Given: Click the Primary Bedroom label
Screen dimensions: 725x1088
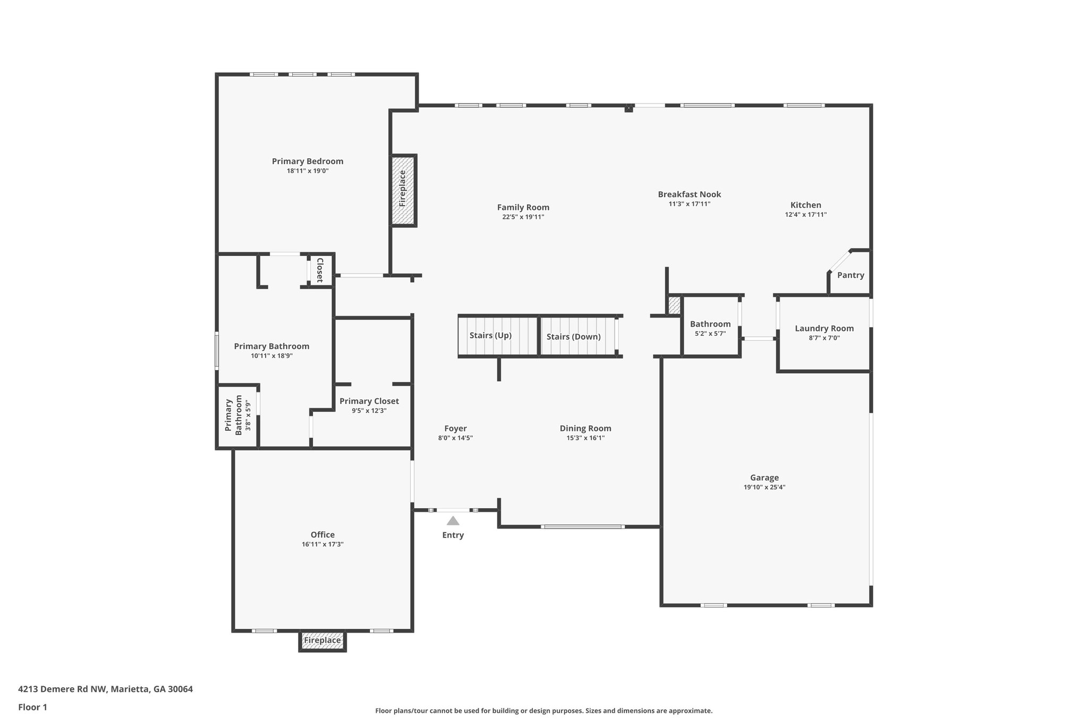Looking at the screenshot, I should tap(308, 161).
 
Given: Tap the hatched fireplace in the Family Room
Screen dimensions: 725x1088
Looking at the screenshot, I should tap(403, 190).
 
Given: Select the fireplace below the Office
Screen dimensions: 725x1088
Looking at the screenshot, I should tap(322, 641).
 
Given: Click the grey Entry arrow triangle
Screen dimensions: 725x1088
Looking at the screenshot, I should tap(453, 521).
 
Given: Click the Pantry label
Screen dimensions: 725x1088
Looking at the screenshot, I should tap(851, 275).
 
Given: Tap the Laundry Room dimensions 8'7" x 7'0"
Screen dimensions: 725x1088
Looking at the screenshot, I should tap(824, 338).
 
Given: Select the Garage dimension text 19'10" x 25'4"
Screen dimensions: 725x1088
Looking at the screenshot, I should tap(764, 487).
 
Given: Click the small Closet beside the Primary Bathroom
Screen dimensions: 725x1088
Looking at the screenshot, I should tap(320, 270).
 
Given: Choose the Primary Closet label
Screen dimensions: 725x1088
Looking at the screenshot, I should tap(369, 401).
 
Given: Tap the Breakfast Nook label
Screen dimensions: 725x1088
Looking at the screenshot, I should tap(689, 194).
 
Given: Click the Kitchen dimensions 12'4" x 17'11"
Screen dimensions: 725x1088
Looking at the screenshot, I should tap(805, 215).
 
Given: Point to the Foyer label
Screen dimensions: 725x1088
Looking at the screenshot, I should tap(455, 429).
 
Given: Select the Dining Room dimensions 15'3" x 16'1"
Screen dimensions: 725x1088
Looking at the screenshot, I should tap(585, 438).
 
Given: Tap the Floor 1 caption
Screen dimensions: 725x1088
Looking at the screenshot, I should tap(32, 707).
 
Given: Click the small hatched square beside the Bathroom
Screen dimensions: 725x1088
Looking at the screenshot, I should tap(674, 305).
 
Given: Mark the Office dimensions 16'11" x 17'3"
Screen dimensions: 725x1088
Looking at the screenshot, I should tap(322, 544).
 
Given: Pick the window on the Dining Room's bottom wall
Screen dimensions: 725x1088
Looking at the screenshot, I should tap(582, 526).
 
